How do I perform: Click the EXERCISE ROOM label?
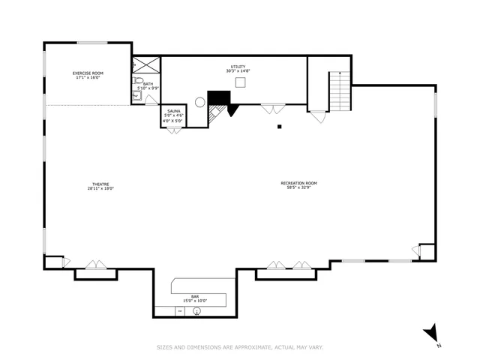pos(88,73)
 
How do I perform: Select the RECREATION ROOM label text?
pos(298,183)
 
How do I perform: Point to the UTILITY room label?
pos(238,67)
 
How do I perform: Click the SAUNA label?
pos(173,111)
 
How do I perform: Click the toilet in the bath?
pos(138,81)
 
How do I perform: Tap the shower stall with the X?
pos(146,64)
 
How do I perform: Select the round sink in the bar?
pos(196,310)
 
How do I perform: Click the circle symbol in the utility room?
pos(200,101)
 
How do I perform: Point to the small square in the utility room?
pos(240,82)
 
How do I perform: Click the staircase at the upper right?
pos(340,90)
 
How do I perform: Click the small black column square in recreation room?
pos(279,127)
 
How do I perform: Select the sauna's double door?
pos(173,131)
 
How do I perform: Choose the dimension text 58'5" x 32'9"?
pos(298,188)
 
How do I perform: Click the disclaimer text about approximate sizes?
pos(239,346)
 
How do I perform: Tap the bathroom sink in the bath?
pos(137,95)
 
